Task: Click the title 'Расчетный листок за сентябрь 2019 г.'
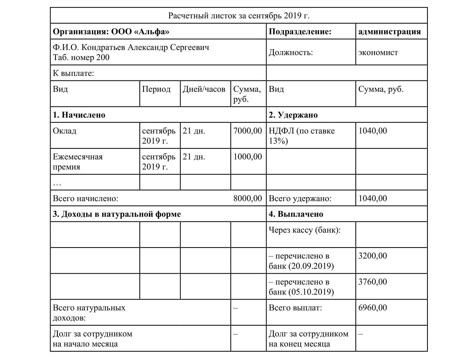tap(239, 16)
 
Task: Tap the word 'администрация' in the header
tap(389, 32)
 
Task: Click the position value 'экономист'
tap(378, 53)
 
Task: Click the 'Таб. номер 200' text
tap(81, 58)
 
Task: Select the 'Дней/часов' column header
tap(204, 89)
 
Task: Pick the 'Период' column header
tap(156, 89)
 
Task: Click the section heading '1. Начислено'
tap(79, 115)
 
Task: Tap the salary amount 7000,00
tap(247, 131)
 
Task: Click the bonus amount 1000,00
tap(247, 157)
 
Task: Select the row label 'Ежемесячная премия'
tap(77, 162)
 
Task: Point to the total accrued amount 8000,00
tap(247, 198)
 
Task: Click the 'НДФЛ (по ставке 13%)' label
tap(302, 136)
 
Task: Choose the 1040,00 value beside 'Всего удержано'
tap(372, 198)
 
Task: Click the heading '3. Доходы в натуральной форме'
tap(117, 214)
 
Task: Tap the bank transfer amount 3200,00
tap(372, 256)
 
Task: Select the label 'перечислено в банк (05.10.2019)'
tap(301, 287)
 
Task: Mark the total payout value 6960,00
tap(372, 308)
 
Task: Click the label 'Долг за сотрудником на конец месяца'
tap(308, 339)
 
